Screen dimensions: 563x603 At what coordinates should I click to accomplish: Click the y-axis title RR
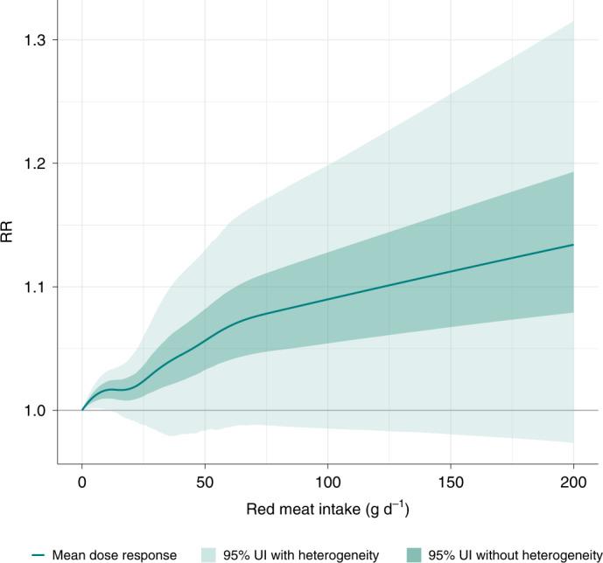point(8,234)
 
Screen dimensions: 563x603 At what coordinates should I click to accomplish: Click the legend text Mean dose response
point(114,554)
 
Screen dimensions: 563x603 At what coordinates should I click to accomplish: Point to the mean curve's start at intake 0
point(82,409)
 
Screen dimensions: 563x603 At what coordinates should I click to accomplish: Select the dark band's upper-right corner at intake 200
point(572,172)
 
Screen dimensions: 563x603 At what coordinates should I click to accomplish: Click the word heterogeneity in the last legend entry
point(563,554)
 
